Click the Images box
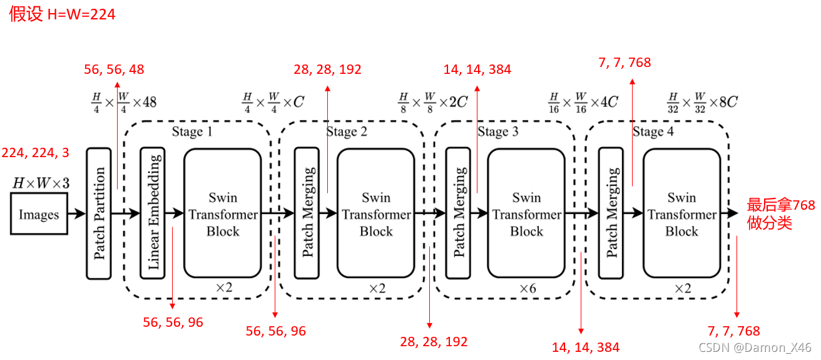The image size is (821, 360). pyautogui.click(x=39, y=214)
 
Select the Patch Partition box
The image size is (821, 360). pyautogui.click(x=99, y=213)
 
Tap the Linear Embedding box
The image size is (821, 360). pyautogui.click(x=153, y=213)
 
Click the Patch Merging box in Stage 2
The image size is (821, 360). pyautogui.click(x=307, y=213)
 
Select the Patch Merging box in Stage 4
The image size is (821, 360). pyautogui.click(x=611, y=213)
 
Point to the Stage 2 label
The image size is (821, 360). pyautogui.click(x=346, y=131)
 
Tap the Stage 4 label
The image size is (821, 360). pyautogui.click(x=653, y=131)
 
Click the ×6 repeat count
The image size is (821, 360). pyautogui.click(x=528, y=289)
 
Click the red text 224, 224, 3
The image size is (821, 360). pyautogui.click(x=36, y=153)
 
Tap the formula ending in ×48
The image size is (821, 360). pyautogui.click(x=123, y=101)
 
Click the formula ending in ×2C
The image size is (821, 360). pyautogui.click(x=433, y=101)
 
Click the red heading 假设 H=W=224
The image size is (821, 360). pyautogui.click(x=62, y=14)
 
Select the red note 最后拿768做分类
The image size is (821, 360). pyautogui.click(x=781, y=214)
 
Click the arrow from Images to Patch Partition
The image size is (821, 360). pyautogui.click(x=76, y=214)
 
